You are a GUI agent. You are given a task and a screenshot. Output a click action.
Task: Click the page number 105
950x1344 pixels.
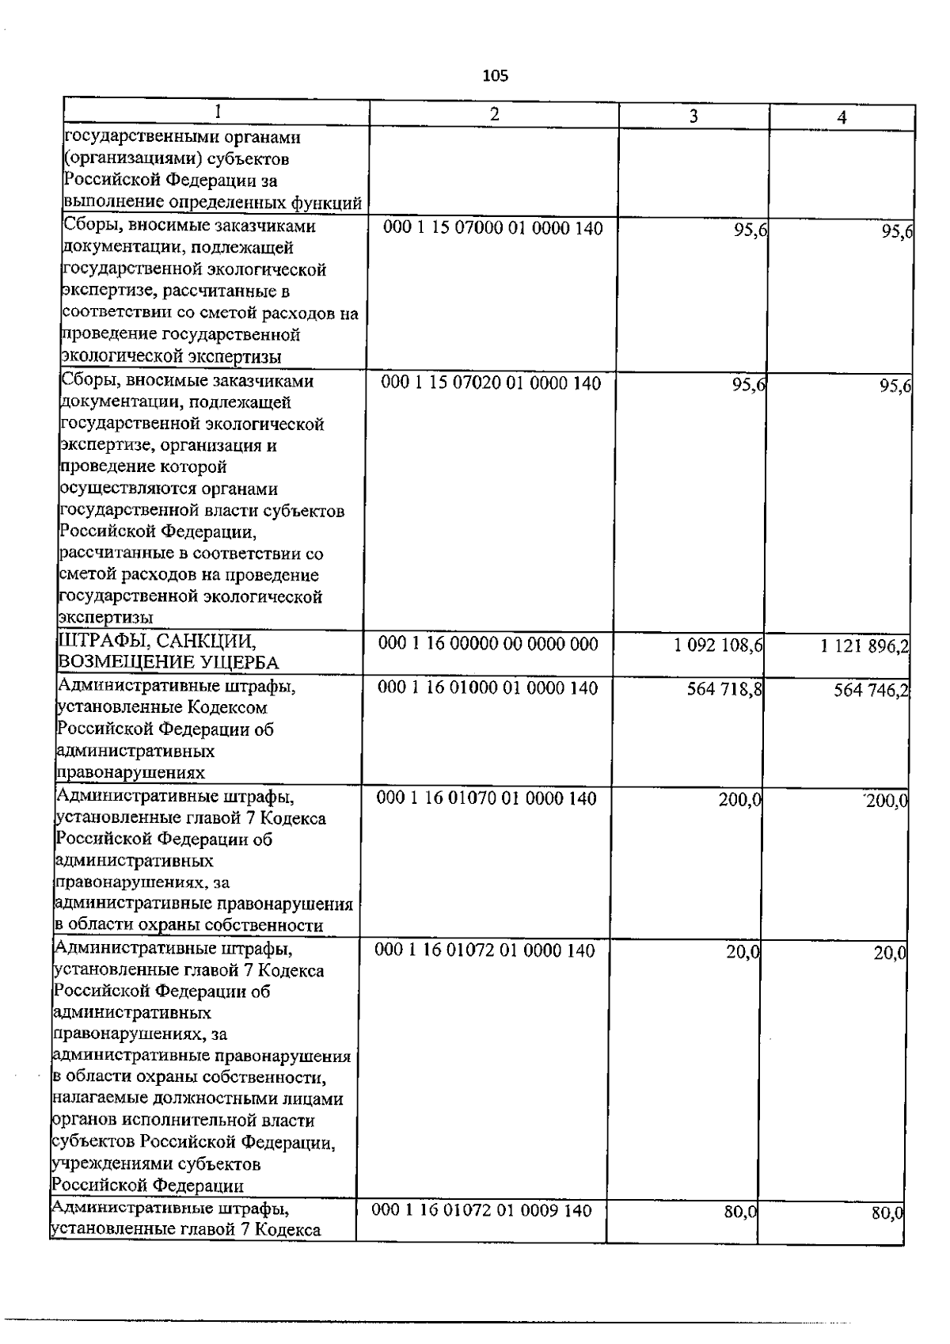495,76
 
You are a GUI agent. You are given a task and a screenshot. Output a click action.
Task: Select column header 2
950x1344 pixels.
494,115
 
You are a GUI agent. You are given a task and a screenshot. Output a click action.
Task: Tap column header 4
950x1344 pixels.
842,117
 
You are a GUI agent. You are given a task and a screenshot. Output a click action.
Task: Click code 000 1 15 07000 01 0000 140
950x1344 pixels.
492,229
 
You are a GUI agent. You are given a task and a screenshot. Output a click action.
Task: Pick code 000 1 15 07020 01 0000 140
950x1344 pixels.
491,384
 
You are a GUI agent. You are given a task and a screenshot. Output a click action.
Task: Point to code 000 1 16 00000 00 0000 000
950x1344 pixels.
488,645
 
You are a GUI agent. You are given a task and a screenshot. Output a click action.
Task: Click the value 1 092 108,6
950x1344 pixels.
718,645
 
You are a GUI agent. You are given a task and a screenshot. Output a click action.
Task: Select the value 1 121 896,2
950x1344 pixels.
864,647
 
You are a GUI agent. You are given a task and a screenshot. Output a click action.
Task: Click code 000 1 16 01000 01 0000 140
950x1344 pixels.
488,688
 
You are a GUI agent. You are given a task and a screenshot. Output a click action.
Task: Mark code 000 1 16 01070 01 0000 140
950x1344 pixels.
486,798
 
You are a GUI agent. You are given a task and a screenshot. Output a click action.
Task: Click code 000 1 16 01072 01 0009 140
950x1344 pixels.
481,1210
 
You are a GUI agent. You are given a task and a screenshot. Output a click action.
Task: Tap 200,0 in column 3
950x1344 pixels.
739,800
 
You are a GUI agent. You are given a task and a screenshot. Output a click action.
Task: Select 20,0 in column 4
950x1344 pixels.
889,954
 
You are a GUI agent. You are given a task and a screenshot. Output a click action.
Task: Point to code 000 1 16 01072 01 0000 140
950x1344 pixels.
484,950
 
